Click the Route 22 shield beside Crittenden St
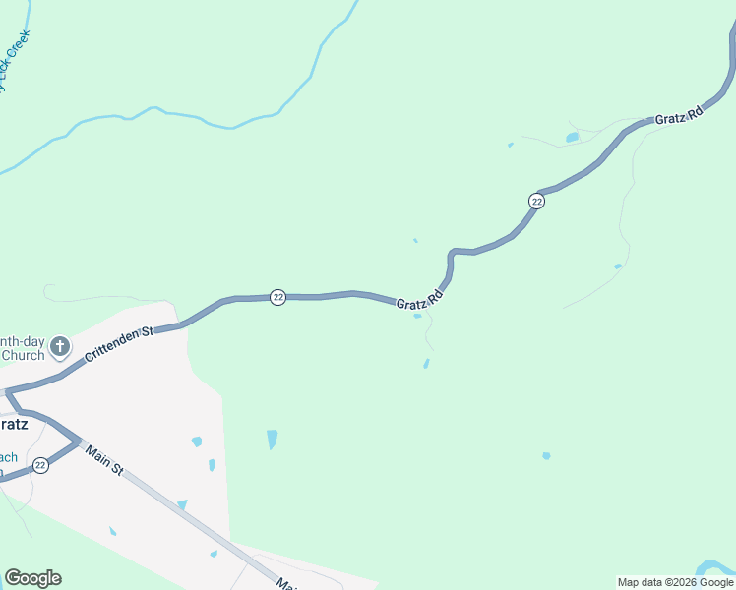point(278,297)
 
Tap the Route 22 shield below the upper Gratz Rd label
point(536,201)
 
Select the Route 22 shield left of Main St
point(40,465)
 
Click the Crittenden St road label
point(120,345)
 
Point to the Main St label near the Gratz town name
point(103,460)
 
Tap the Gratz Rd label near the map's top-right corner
point(679,115)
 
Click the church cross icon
point(60,346)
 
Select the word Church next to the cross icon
point(23,355)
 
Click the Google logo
point(32,578)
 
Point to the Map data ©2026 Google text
point(675,582)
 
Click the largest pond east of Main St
point(272,439)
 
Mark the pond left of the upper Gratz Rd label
point(572,138)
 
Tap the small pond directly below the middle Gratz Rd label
point(418,316)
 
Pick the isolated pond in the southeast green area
point(546,456)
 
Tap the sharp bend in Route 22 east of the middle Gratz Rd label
point(452,255)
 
